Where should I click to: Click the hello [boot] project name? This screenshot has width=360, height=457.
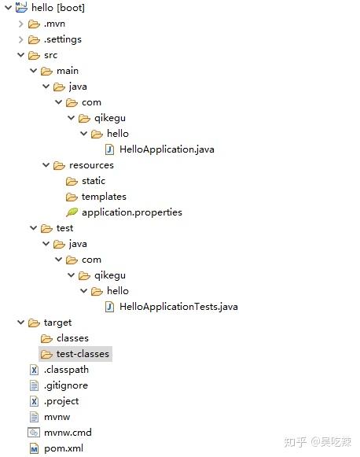(x=58, y=8)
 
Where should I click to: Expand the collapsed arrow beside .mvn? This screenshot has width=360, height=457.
(x=20, y=24)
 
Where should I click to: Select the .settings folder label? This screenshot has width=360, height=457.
(x=63, y=39)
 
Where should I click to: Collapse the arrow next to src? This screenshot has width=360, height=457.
(x=20, y=55)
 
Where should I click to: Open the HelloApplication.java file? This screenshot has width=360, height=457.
(x=167, y=149)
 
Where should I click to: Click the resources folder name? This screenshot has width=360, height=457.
(x=91, y=165)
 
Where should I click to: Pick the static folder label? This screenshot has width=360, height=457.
(x=94, y=181)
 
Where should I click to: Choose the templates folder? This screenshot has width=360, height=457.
(x=104, y=197)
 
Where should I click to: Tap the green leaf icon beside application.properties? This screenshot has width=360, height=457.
(x=72, y=212)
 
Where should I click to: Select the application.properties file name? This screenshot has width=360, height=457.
(x=132, y=212)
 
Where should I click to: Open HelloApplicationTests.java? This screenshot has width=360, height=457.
(x=178, y=307)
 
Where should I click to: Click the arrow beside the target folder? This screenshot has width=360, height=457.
(x=20, y=322)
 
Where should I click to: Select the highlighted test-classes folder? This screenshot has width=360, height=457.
(x=83, y=354)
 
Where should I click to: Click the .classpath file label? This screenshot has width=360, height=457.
(x=66, y=370)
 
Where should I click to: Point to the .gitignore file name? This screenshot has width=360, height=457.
(x=66, y=385)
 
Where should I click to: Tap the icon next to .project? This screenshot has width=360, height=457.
(x=34, y=401)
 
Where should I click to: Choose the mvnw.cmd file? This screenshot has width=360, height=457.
(x=68, y=433)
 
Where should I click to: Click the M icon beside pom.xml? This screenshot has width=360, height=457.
(x=34, y=448)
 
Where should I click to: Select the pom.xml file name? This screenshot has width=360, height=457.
(x=64, y=448)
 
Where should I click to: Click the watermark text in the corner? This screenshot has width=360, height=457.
(x=318, y=442)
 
